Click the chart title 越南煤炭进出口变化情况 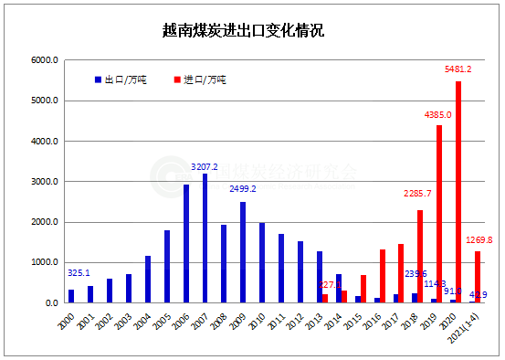click(252, 31)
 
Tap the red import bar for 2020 click(458, 192)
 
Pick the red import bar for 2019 click(439, 214)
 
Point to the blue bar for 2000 click(71, 296)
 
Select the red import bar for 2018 click(420, 256)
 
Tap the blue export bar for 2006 click(186, 243)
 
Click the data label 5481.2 click(458, 69)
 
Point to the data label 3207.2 click(204, 166)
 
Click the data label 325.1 click(79, 272)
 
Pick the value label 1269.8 click(478, 240)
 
